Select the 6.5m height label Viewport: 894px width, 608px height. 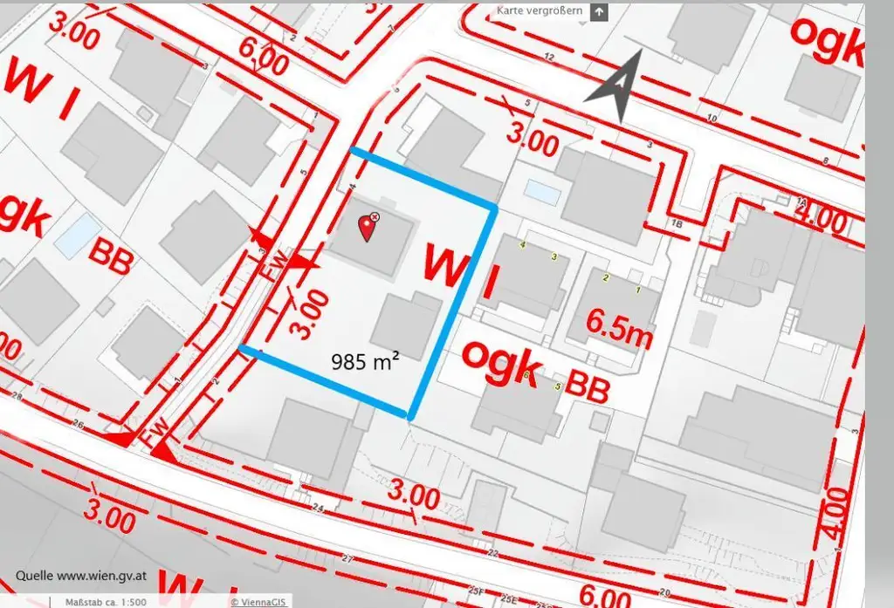[x=620, y=325]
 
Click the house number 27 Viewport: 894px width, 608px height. [x=349, y=558]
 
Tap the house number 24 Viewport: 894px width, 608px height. [x=317, y=508]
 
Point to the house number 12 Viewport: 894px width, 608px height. [x=549, y=58]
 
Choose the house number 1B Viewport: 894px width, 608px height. [x=677, y=224]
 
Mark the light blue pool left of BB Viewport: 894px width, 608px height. [x=77, y=235]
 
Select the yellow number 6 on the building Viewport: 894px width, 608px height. [x=527, y=375]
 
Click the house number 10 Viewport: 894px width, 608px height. [x=712, y=118]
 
